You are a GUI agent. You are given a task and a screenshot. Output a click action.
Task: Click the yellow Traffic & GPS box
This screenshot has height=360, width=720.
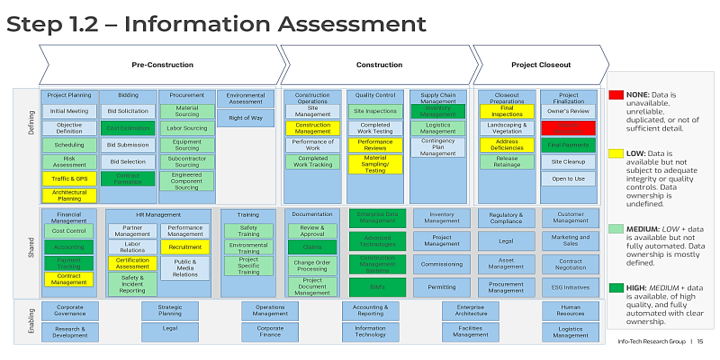click(x=69, y=179)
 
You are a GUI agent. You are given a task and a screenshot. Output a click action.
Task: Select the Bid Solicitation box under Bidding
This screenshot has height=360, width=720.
click(x=127, y=111)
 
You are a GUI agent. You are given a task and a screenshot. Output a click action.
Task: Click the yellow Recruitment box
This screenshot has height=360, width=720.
click(x=185, y=246)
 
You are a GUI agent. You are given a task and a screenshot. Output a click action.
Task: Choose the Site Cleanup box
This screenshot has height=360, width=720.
click(x=567, y=162)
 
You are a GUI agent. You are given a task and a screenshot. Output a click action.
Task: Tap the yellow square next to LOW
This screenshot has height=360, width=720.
click(x=617, y=154)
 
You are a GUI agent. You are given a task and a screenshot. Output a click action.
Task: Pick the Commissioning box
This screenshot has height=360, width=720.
click(x=441, y=265)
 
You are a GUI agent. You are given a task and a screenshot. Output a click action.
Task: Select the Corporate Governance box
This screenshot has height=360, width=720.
click(x=69, y=310)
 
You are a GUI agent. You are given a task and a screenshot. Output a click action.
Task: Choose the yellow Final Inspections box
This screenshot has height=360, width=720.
click(x=506, y=111)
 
